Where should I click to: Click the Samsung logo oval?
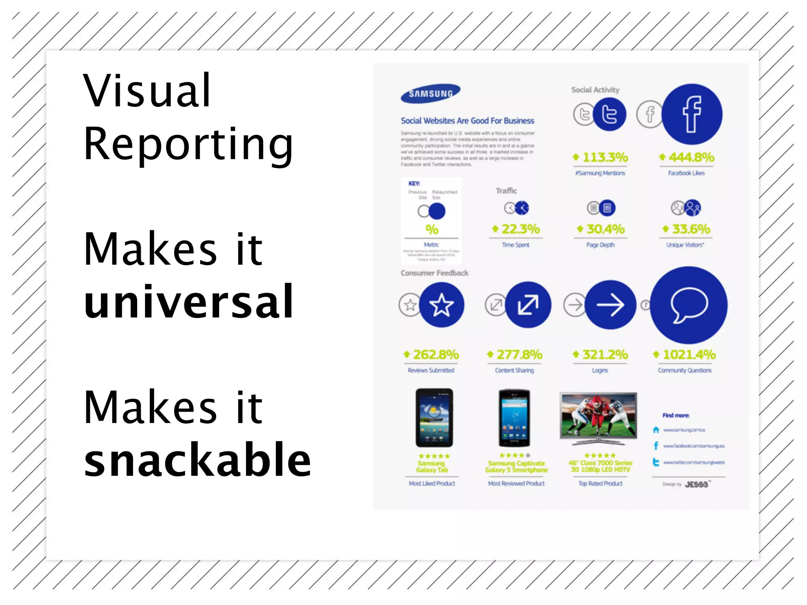coord(430,93)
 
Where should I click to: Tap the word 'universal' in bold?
coord(188,302)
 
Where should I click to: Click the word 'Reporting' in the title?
coord(188,144)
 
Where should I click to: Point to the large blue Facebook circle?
coord(692,114)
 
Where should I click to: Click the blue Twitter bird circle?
coord(610,114)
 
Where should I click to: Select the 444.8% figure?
coord(691,158)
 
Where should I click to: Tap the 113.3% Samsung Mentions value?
coord(605,158)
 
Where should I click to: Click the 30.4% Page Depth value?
coord(605,229)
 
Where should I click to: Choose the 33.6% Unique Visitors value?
coord(691,229)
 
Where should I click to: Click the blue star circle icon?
coord(442,304)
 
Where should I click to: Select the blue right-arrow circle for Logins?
coord(610,304)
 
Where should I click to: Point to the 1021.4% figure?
coord(689,354)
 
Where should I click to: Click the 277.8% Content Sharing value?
coord(519,354)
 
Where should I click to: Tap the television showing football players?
coord(599,415)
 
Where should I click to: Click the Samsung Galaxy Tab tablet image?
coord(434,418)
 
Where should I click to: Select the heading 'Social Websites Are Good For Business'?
coord(467,121)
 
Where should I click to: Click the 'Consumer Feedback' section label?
coord(434,273)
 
